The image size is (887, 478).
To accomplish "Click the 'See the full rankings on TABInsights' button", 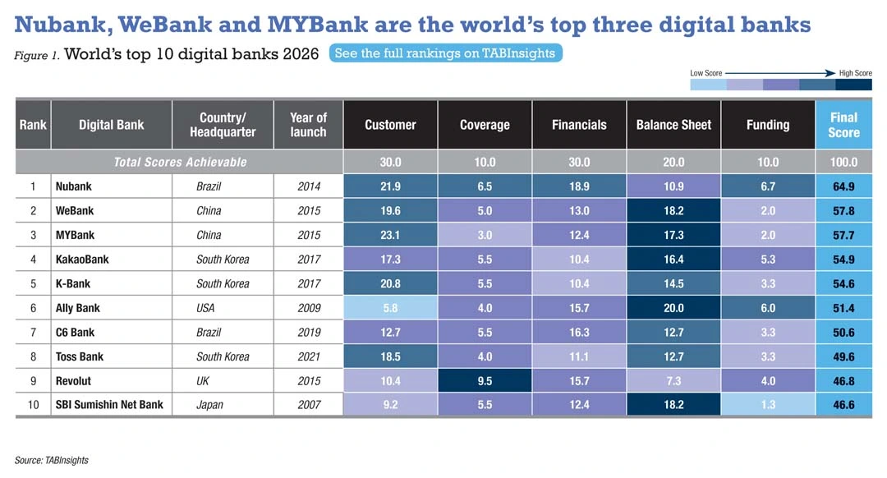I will pos(446,53).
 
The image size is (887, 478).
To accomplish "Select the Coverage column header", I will pos(485,125).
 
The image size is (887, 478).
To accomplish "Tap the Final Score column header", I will pos(843,125).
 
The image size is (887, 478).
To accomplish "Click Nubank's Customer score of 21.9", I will pos(390,186).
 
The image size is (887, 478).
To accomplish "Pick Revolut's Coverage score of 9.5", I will pos(485,381).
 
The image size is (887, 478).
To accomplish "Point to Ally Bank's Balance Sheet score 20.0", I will pos(673,308).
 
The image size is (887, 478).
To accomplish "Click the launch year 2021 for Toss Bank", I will pos(308,356).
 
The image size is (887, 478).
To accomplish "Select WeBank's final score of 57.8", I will pos(843,211).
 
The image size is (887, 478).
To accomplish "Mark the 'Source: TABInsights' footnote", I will pos(51,460).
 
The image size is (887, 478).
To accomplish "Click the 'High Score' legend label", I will pos(855,73).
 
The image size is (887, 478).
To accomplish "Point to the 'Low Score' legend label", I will pos(706,73).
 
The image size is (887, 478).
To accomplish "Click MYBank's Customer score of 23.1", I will pos(390,235).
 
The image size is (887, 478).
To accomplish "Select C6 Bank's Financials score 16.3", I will pos(579,333).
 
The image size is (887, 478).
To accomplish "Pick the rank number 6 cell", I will pos(33,308).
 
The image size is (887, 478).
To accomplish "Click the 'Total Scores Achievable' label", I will pos(180,162).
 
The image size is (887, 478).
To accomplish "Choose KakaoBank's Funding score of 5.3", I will pos(768,260).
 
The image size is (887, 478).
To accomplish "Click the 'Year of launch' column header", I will pos(308,125).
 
